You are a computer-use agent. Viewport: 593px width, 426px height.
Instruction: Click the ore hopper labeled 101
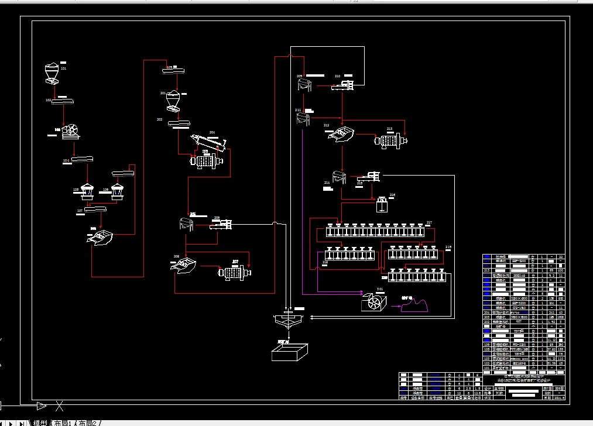[51, 73]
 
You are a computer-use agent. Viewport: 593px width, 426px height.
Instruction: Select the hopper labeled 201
[173, 100]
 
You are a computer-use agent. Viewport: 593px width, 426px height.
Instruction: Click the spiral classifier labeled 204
[207, 143]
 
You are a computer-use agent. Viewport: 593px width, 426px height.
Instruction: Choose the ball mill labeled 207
[234, 273]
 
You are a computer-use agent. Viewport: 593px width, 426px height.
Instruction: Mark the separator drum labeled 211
[303, 118]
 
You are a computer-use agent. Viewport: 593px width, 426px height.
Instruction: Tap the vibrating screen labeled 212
[340, 134]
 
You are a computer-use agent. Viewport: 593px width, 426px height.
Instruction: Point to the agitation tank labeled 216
[383, 205]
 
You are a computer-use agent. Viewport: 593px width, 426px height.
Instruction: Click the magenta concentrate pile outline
[414, 305]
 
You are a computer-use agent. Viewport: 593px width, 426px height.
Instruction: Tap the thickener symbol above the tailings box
[287, 321]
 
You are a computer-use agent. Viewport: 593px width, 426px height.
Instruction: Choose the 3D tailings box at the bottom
[289, 353]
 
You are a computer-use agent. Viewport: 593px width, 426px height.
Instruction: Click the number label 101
[63, 69]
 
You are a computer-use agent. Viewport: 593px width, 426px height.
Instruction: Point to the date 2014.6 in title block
[560, 397]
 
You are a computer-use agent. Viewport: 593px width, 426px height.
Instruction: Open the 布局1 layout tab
[63, 422]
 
